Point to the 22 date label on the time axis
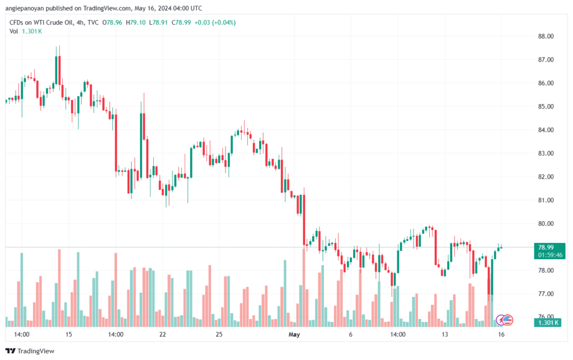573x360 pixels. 162,334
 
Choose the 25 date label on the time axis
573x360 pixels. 219,334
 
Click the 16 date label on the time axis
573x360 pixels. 502,334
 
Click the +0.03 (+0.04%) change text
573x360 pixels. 215,22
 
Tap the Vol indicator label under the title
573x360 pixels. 14,31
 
